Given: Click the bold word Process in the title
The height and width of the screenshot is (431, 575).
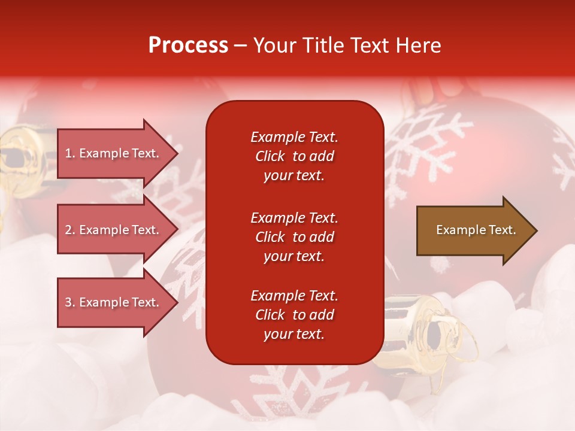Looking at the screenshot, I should click(x=188, y=45).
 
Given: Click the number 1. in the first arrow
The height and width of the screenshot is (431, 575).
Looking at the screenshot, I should click(x=69, y=153).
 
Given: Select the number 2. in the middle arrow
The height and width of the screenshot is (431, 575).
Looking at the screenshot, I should click(x=69, y=230).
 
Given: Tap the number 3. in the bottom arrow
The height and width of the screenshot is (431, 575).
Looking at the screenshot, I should click(x=69, y=302).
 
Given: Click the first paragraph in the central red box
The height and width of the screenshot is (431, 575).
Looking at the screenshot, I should click(x=294, y=156).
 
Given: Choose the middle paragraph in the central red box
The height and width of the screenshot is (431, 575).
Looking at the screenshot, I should click(x=294, y=237).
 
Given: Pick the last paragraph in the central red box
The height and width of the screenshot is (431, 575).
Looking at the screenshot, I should click(x=294, y=315).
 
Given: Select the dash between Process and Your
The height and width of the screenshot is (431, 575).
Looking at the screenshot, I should click(x=240, y=45).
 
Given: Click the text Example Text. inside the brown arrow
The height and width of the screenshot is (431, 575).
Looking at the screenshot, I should click(x=476, y=230).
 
